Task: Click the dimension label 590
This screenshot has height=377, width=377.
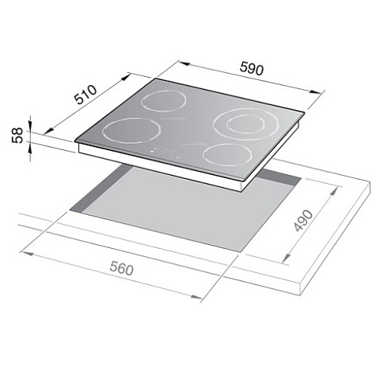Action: pyautogui.click(x=252, y=69)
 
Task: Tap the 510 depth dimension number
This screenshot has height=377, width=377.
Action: pyautogui.click(x=86, y=95)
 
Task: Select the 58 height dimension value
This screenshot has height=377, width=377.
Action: pyautogui.click(x=17, y=136)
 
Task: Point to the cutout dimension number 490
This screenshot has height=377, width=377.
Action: pyautogui.click(x=304, y=220)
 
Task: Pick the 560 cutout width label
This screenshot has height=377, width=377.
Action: pyautogui.click(x=121, y=268)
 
